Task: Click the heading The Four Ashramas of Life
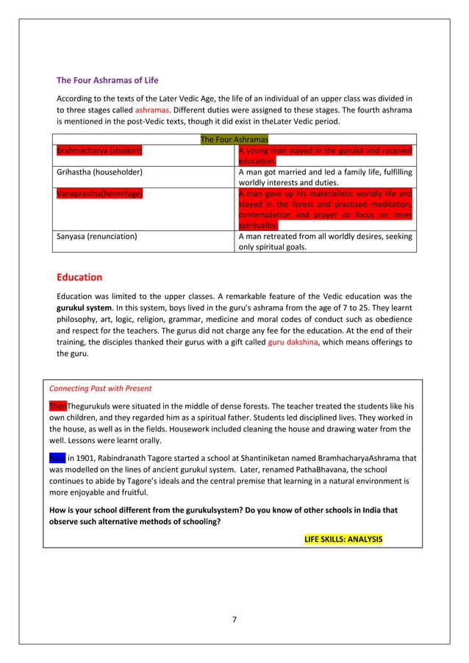pyautogui.click(x=107, y=80)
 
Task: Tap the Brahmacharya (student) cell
pyautogui.click(x=99, y=151)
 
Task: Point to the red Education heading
pyautogui.click(x=79, y=277)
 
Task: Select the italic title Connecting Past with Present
pyautogui.click(x=99, y=388)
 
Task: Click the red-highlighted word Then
pyautogui.click(x=57, y=406)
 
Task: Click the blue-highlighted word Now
pyautogui.click(x=57, y=456)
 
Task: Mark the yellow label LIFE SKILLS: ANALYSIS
pyautogui.click(x=343, y=539)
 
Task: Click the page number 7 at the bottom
pyautogui.click(x=234, y=619)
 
